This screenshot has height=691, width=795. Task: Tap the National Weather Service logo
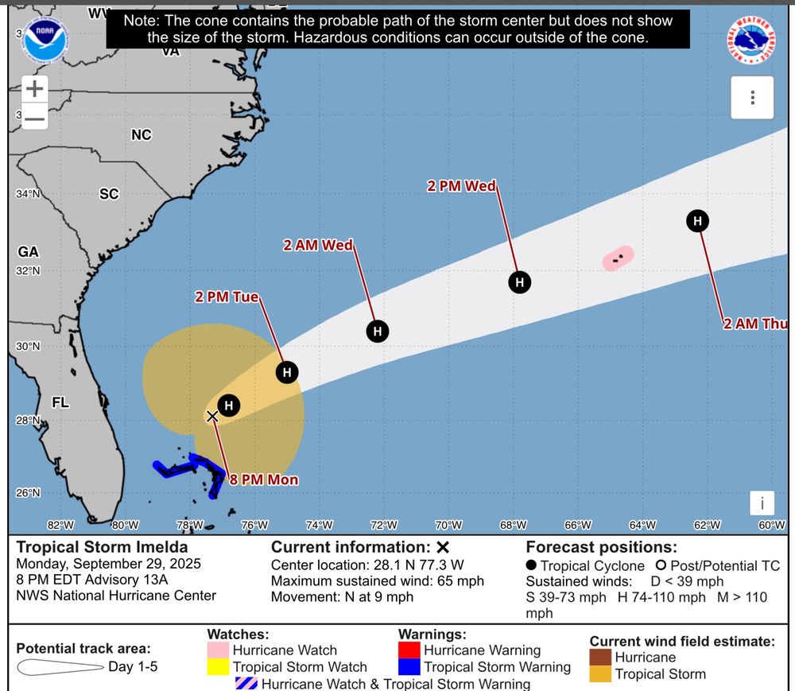coord(751,40)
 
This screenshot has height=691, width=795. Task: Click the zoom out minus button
coord(34,118)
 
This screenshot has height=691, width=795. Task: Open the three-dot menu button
coord(752,98)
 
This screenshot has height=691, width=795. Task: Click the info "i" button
coord(762,503)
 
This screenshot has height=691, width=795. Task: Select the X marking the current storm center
coord(212,416)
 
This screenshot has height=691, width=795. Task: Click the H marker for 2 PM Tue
coord(287,372)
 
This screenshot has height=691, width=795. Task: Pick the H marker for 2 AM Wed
coord(378,332)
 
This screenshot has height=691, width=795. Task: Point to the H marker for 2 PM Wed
coord(519,282)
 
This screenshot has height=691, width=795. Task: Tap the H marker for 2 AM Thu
coord(697,221)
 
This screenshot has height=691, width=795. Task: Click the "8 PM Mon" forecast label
coord(264,479)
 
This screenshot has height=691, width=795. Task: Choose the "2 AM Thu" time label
coord(755,324)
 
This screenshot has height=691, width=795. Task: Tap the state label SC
coord(109,194)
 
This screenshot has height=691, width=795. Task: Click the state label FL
coord(60,402)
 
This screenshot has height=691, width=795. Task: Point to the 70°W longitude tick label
coord(448,525)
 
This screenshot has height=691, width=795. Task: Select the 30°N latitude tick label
coord(29,347)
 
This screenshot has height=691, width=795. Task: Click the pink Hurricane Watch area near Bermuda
coord(618,258)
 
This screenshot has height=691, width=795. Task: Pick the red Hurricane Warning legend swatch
coord(409,650)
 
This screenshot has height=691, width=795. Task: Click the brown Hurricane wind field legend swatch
coord(600,658)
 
